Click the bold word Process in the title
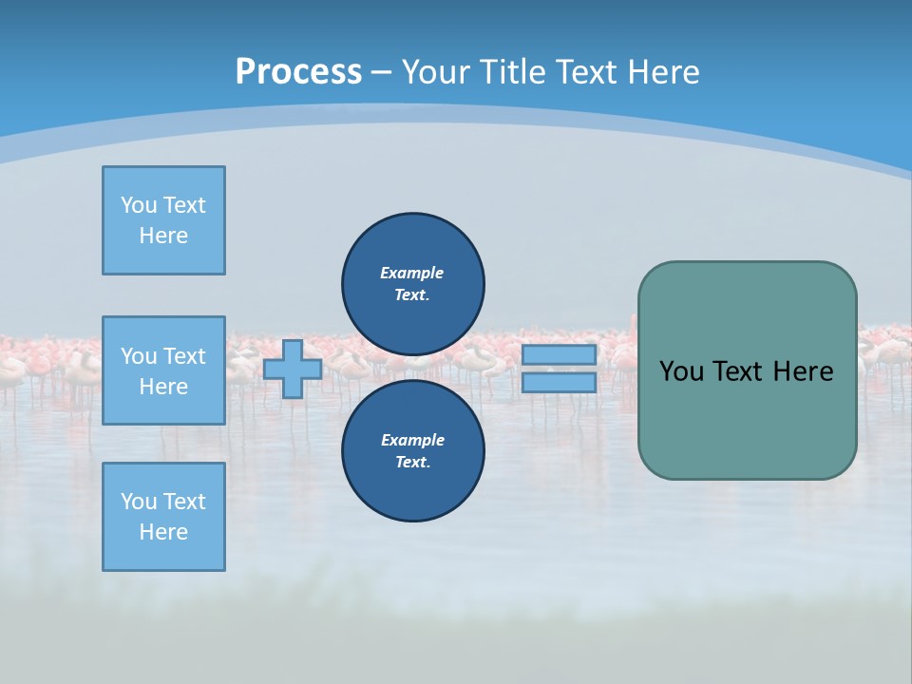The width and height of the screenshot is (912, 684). click(298, 71)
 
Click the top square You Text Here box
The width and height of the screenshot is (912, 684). click(163, 220)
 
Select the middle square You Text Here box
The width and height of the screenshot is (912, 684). click(163, 370)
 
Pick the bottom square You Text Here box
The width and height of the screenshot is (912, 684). click(163, 517)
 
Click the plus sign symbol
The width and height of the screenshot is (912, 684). click(293, 370)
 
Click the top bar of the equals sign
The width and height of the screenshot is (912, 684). click(559, 355)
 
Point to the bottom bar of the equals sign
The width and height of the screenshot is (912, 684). click(559, 383)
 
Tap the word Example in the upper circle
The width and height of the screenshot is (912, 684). click(412, 273)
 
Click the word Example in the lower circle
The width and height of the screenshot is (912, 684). click(412, 440)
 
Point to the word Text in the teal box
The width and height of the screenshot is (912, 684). click(741, 371)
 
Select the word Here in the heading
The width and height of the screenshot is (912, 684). click(662, 71)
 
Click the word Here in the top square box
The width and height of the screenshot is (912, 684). click(163, 236)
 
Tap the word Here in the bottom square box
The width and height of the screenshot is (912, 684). click(163, 532)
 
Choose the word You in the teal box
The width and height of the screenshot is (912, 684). click(681, 371)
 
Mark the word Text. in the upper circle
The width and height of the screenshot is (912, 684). click(412, 294)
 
